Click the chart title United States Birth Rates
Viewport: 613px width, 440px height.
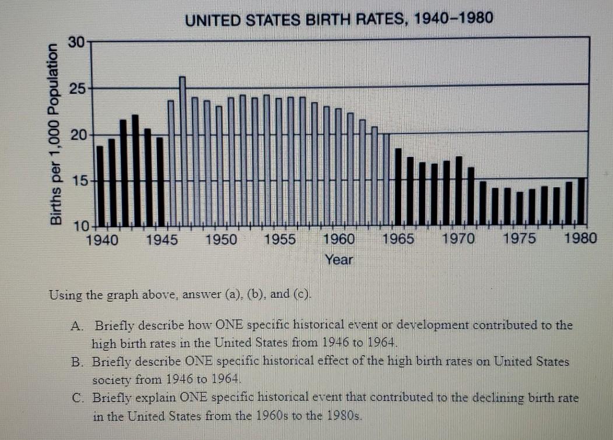click(x=339, y=19)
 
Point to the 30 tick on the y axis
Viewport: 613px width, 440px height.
click(x=76, y=41)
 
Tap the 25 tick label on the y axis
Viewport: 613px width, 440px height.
click(x=76, y=89)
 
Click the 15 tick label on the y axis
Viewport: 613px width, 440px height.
click(x=79, y=181)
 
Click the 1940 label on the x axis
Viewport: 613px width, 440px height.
click(x=102, y=239)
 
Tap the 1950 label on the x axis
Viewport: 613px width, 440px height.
click(x=221, y=239)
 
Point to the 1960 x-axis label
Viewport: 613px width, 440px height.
click(x=338, y=239)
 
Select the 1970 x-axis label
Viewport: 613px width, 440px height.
click(x=458, y=239)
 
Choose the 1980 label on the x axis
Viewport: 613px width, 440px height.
click(x=581, y=239)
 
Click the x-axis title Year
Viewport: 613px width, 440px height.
click(x=339, y=260)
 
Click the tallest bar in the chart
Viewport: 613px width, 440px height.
click(x=183, y=150)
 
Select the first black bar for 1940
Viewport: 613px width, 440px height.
click(x=100, y=185)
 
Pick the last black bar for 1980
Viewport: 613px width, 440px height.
click(x=582, y=201)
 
